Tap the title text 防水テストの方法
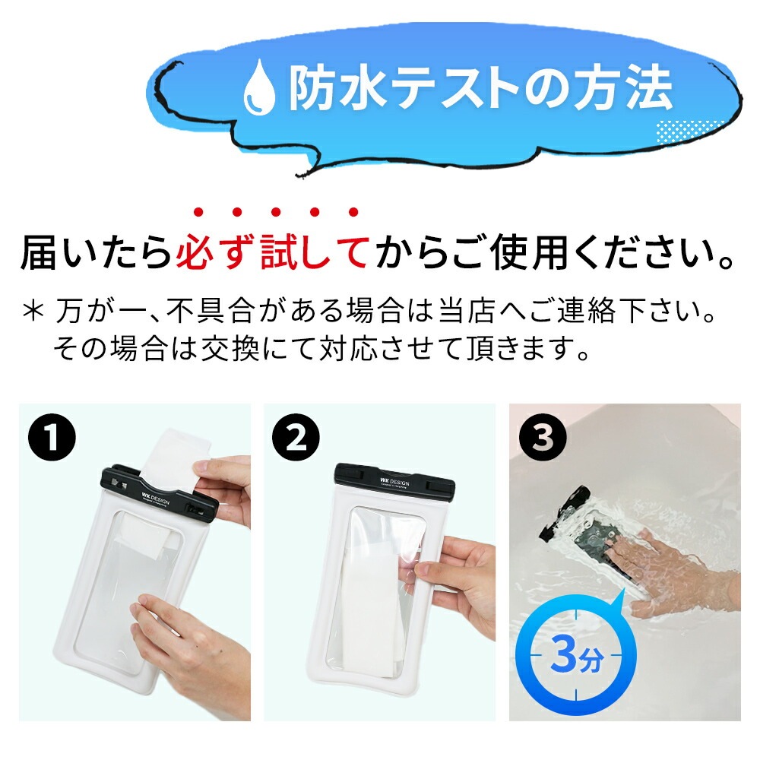(x=480, y=89)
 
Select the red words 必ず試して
(x=272, y=252)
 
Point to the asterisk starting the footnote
(x=33, y=311)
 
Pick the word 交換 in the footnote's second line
(x=230, y=348)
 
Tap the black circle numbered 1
(x=52, y=437)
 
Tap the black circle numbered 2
(x=296, y=438)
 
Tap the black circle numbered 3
(x=543, y=438)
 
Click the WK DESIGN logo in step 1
(x=156, y=499)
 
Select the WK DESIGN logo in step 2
(x=394, y=483)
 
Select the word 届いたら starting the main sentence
(x=97, y=252)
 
